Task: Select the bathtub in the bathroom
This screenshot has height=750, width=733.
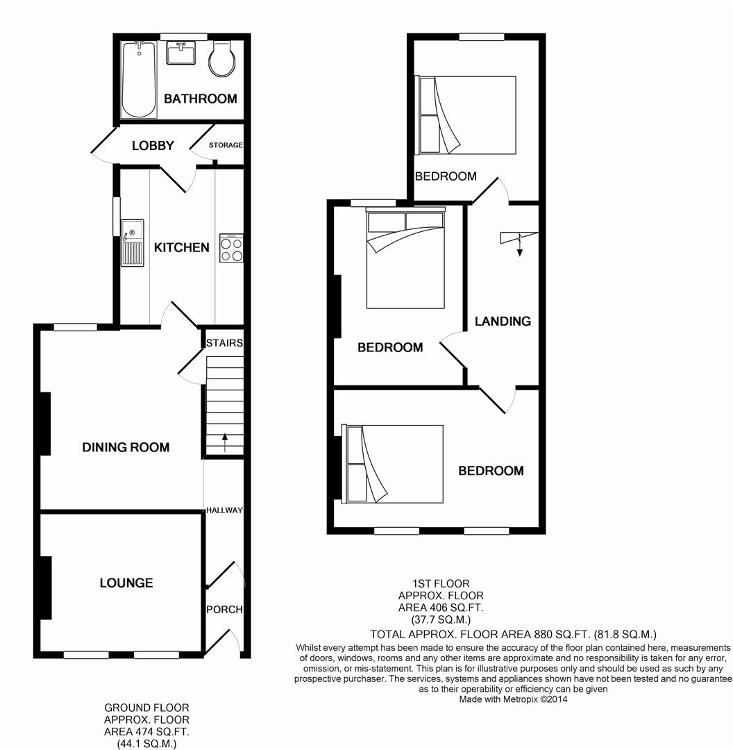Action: point(139,79)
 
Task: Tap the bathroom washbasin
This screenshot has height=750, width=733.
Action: point(180,53)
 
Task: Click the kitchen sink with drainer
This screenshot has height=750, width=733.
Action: point(132,242)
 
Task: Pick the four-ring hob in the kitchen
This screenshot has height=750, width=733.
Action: point(231,248)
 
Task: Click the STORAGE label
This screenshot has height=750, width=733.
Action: point(226,145)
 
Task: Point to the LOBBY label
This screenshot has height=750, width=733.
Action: point(153,145)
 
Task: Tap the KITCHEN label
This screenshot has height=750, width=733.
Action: point(182,247)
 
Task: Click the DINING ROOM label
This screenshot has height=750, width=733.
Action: point(126,447)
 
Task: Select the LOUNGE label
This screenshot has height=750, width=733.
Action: point(126,583)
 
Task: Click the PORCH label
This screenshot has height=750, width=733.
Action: point(224,610)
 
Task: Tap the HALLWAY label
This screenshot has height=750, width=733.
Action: point(224,510)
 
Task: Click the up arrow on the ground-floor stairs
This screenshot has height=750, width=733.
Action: point(225,442)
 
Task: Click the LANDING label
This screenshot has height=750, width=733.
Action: point(503,322)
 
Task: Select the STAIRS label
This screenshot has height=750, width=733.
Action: point(224,343)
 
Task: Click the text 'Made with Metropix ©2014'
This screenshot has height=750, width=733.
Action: point(513,699)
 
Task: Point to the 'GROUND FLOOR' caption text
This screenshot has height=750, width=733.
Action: point(146,708)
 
